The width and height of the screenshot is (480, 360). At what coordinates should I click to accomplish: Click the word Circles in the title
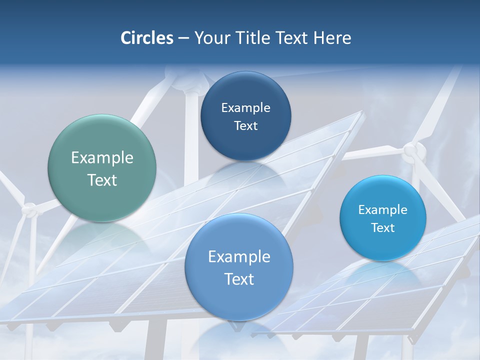(x=146, y=38)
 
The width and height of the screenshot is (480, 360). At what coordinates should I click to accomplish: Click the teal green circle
(x=102, y=168)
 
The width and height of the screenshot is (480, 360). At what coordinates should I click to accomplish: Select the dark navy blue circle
(x=245, y=116)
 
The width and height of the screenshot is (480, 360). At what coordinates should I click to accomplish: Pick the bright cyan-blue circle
(x=383, y=218)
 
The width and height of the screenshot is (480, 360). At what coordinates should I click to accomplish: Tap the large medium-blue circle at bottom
(x=239, y=267)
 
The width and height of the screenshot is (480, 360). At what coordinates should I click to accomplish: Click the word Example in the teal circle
(x=102, y=158)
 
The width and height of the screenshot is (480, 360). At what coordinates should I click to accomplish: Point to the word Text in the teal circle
(x=102, y=180)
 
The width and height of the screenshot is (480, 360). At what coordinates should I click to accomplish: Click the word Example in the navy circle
(x=245, y=107)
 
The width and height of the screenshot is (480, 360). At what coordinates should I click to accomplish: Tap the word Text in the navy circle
(x=245, y=125)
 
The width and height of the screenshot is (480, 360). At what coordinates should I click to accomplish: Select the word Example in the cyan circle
(x=383, y=209)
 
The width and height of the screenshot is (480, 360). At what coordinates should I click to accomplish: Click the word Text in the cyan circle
(x=383, y=227)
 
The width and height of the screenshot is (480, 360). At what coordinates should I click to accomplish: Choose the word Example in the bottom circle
(x=239, y=256)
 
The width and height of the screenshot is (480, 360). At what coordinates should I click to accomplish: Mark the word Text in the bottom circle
(x=239, y=279)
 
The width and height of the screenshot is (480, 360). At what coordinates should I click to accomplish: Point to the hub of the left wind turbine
(x=30, y=210)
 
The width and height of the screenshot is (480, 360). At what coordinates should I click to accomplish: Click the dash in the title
(x=183, y=38)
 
